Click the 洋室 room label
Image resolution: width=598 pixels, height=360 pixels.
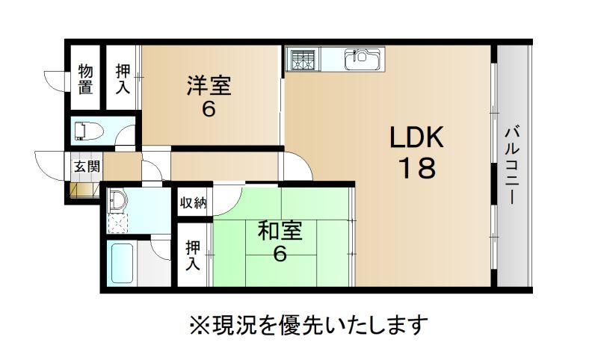tap(209, 86)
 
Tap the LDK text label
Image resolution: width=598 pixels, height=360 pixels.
tap(416, 137)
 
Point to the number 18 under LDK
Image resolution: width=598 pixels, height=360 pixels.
tap(417, 168)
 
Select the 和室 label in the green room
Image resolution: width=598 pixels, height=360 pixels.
tap(280, 231)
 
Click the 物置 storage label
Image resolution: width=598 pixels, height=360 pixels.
tap(85, 79)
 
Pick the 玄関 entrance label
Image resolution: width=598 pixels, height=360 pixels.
tap(87, 166)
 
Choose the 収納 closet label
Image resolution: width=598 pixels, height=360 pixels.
tap(194, 202)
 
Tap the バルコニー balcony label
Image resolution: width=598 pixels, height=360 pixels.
tap(512, 166)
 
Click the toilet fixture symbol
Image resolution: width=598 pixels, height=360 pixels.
tap(89, 131)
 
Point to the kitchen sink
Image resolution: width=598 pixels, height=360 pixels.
tap(363, 59)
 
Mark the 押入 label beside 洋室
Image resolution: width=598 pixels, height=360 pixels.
tap(123, 79)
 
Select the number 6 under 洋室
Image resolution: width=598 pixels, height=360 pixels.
tap(209, 110)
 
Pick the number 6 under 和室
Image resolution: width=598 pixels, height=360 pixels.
tap(280, 254)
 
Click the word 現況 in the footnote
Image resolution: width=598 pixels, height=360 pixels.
tap(234, 325)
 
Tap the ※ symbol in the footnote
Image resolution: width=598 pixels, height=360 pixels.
tap(200, 325)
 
